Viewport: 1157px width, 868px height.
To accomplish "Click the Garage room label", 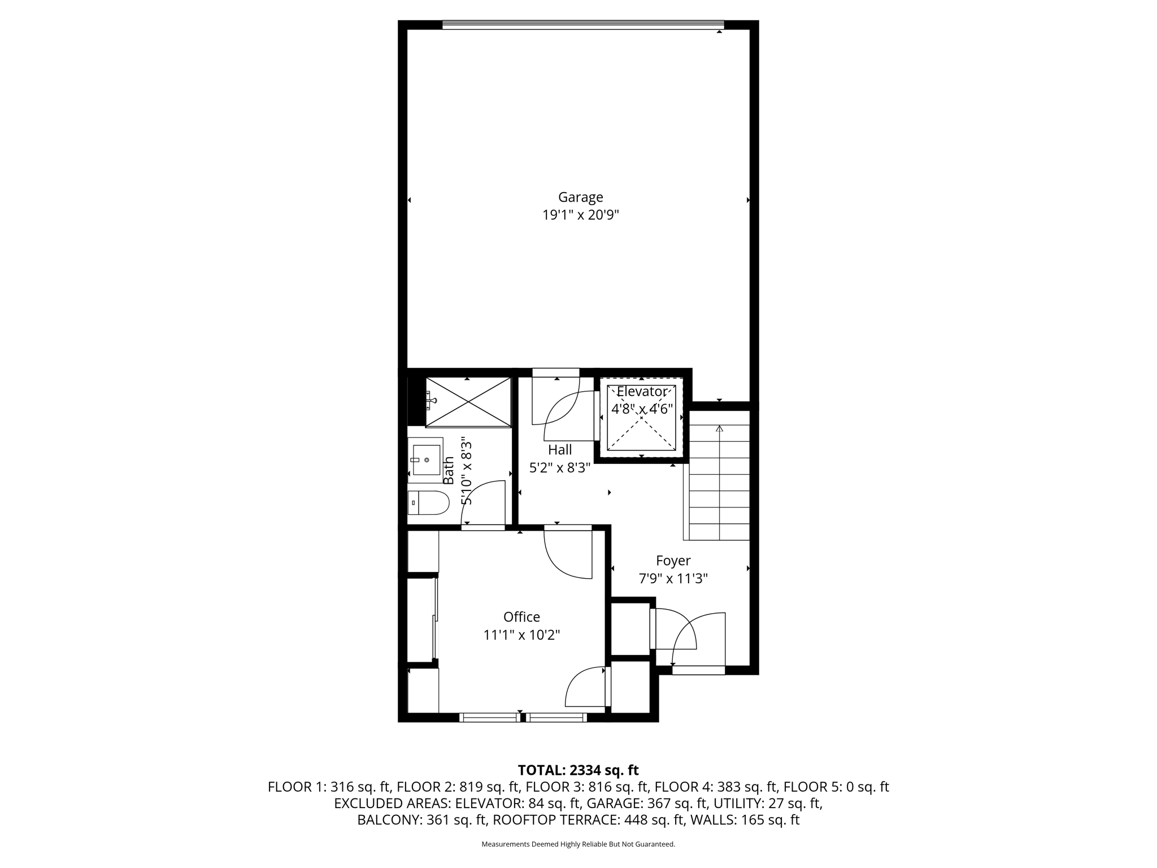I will click(x=580, y=197).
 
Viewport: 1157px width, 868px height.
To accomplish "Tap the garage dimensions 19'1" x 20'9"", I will click(x=580, y=215).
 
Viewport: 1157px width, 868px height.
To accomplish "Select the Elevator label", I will click(x=641, y=392).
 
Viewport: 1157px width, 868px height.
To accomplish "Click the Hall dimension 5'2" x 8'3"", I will click(x=559, y=468).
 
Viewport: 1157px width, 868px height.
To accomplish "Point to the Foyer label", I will click(x=673, y=561).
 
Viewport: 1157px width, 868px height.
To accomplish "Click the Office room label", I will click(x=521, y=617).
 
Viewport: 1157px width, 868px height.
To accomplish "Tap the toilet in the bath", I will click(x=429, y=502).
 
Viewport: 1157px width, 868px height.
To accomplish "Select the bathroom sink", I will click(x=426, y=460).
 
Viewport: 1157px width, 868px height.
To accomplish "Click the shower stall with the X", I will click(x=468, y=402).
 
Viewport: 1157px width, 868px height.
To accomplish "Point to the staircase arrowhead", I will click(x=719, y=428).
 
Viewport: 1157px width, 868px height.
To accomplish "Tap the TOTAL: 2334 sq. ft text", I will click(x=578, y=770).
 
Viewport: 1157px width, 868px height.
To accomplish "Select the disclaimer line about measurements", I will click(x=578, y=844).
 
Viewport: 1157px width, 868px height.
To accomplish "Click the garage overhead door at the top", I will click(x=582, y=24).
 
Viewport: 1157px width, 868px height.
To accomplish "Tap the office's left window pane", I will click(x=490, y=717).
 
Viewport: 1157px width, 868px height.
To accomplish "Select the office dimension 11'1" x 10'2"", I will click(x=521, y=635).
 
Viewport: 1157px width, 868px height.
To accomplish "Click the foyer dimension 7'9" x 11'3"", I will click(x=673, y=579).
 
